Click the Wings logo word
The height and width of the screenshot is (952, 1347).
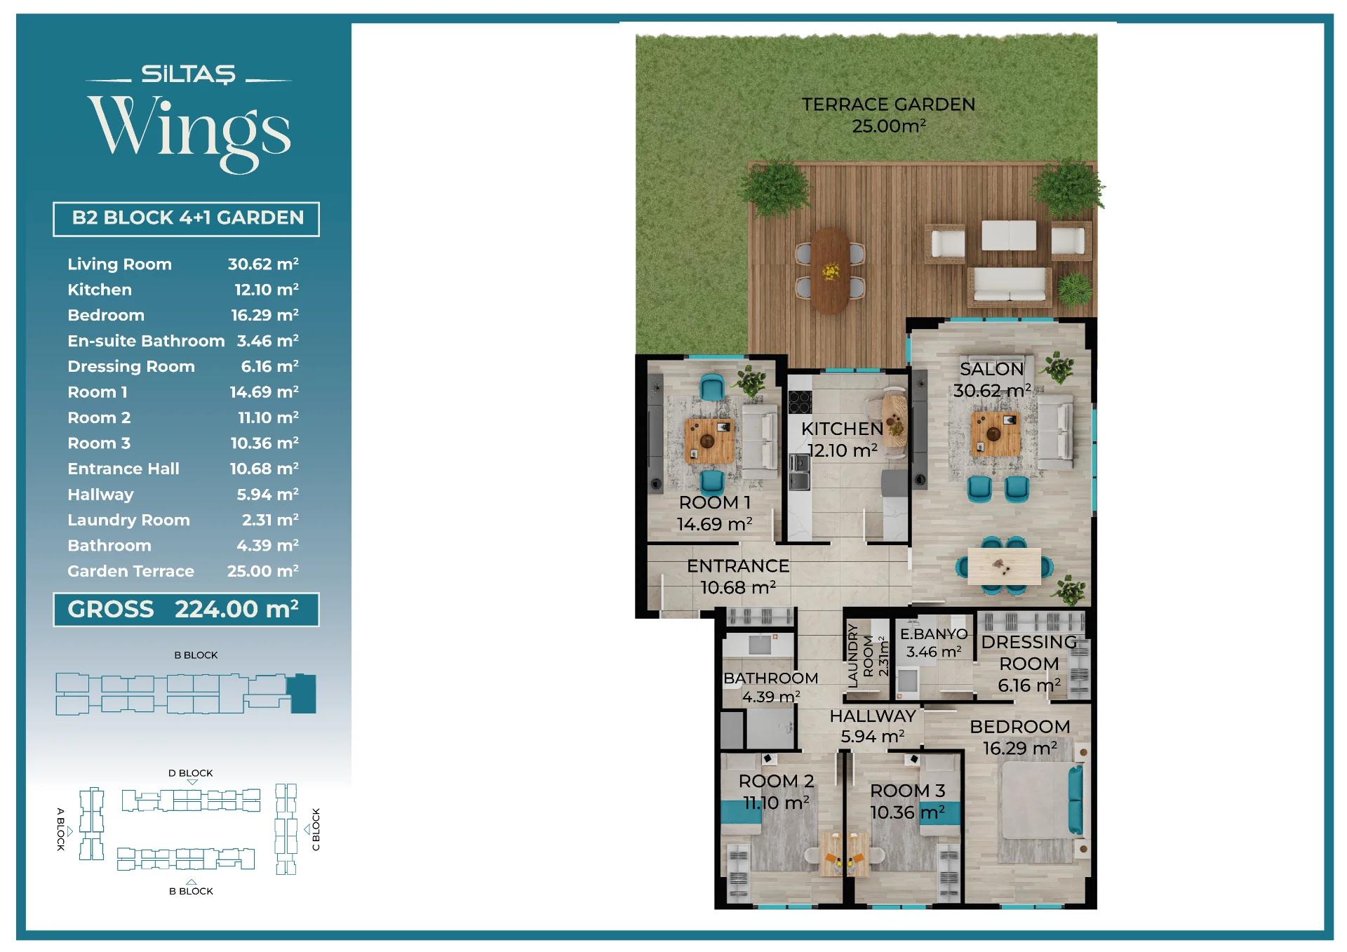coord(189,132)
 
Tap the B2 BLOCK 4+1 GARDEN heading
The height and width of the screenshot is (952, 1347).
coord(187,217)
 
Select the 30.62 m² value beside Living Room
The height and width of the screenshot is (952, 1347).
coord(263,264)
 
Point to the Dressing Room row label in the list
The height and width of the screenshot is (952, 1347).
coord(131,366)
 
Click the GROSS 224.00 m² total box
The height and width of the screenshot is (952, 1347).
coord(186,609)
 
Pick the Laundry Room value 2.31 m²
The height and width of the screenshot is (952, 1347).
coord(270,520)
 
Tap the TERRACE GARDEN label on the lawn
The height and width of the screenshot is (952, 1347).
coord(888,105)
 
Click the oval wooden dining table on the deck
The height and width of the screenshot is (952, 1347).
coord(831,269)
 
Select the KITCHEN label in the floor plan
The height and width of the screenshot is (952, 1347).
coord(842,429)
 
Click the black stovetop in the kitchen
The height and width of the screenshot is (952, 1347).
coord(800,402)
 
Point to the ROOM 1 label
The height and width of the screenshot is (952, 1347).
coord(715,502)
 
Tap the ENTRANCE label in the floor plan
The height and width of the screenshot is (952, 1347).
coord(738,565)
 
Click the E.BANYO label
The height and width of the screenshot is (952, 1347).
coord(934,633)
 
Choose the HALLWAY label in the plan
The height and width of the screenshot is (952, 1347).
coord(873,716)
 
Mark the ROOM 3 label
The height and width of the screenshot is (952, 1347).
coord(908,791)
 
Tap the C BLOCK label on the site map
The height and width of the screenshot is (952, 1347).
coord(316,829)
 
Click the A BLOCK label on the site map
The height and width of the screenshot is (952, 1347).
coord(61,829)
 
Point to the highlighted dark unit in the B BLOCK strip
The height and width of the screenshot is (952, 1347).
coord(303,694)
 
